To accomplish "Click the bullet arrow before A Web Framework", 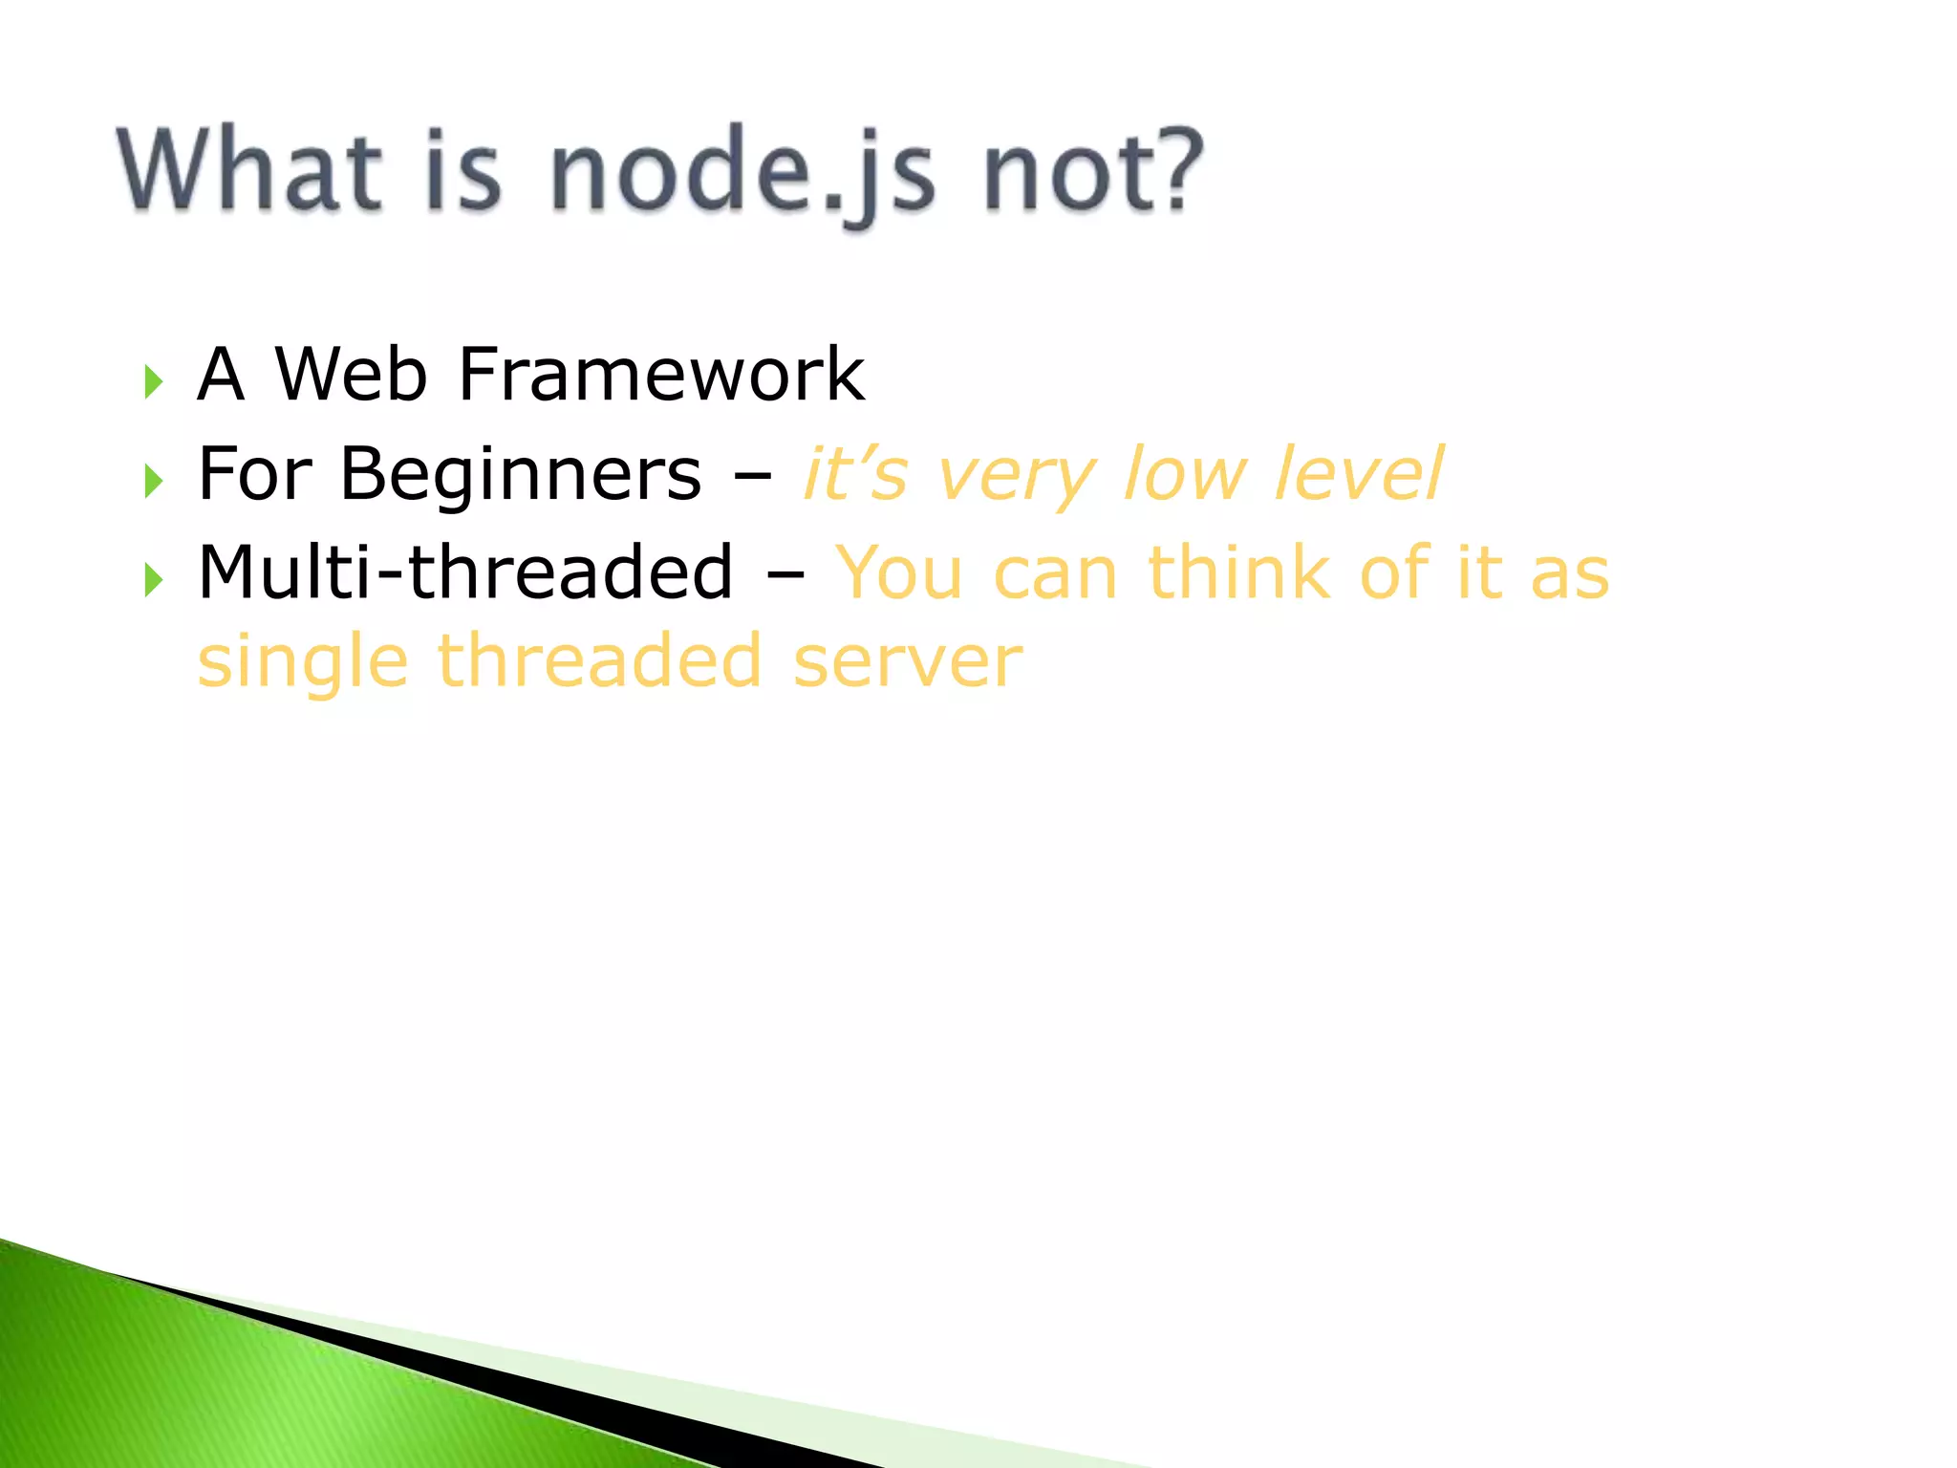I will [154, 381].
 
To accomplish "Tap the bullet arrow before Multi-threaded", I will [154, 579].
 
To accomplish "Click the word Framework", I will [661, 374].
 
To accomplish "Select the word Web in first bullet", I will [351, 374].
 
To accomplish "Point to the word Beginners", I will [521, 474].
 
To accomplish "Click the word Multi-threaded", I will [465, 572].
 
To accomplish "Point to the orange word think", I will [1242, 572].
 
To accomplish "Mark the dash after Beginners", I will [753, 476].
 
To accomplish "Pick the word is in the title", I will [462, 172].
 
